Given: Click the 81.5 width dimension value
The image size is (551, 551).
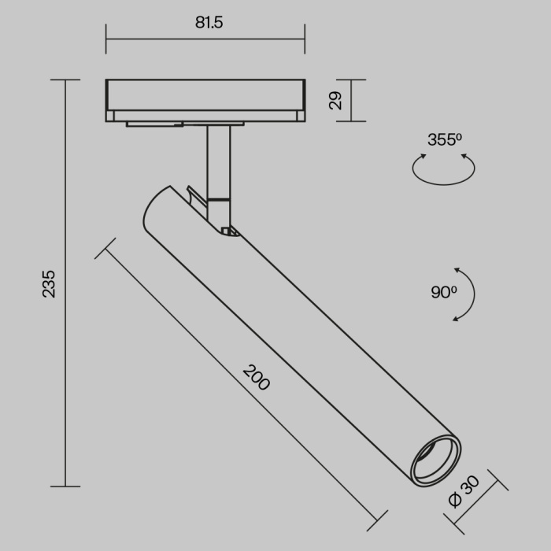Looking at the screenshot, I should [209, 23].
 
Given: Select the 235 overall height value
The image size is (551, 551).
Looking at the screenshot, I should [49, 283].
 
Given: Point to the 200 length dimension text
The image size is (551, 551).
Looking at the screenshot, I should [256, 378].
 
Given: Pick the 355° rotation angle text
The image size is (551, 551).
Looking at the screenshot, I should [445, 140].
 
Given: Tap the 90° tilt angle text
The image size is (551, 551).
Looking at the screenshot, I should [443, 292].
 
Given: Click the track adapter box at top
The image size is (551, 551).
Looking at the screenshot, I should [205, 99].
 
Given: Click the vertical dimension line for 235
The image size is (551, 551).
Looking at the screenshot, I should [66, 283].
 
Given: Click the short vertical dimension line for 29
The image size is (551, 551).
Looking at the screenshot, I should [352, 101].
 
